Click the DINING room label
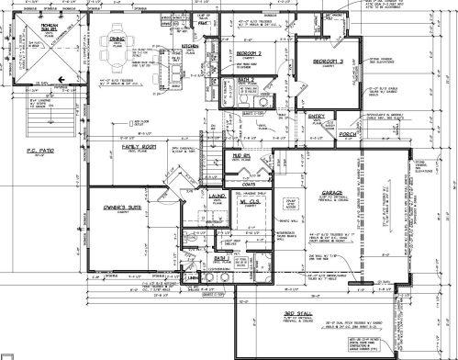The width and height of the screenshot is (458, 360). tap(117, 39)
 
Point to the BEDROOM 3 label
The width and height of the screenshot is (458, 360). tap(327, 62)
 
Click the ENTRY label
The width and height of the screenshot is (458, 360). tap(318, 117)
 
